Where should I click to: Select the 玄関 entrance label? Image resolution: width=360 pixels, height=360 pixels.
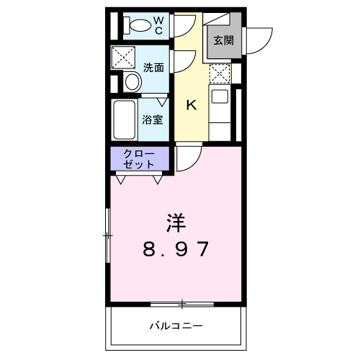222,40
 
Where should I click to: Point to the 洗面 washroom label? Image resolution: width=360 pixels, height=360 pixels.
153,68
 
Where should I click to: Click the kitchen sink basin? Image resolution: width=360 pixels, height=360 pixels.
219,96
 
